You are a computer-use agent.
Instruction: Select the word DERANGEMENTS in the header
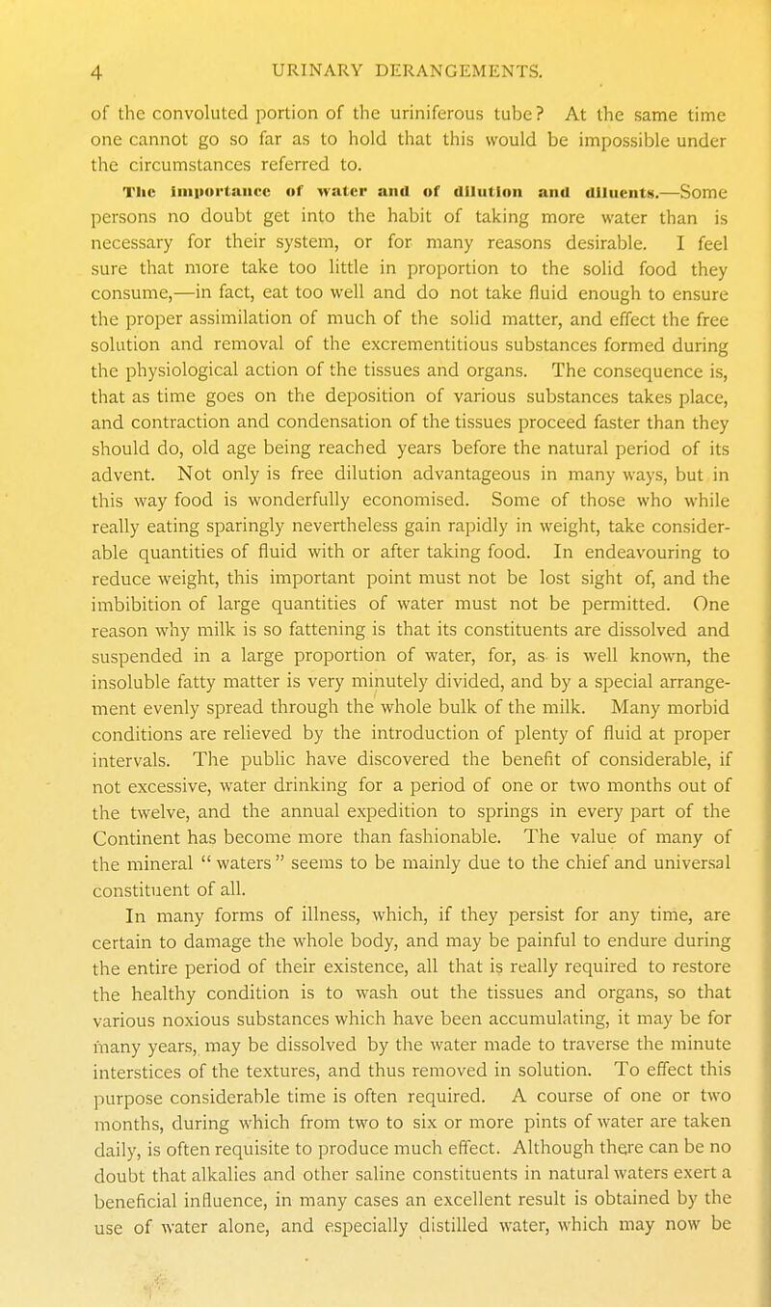click(x=435, y=68)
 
